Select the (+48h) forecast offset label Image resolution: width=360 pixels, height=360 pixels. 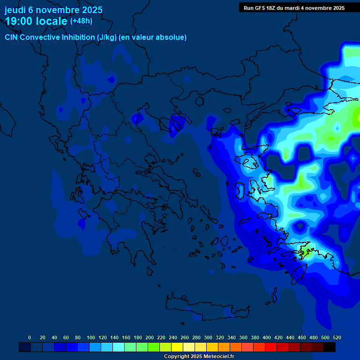point(81,21)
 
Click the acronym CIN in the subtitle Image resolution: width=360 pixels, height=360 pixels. point(11,37)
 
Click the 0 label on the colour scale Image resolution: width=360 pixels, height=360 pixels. point(30,338)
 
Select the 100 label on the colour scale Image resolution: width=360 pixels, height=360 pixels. point(91,338)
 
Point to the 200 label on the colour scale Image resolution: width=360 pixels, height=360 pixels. point(150,338)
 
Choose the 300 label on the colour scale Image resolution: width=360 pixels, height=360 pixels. point(208,338)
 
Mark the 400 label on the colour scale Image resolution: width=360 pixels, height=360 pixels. point(267,338)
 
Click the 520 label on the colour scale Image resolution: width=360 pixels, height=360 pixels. point(337,338)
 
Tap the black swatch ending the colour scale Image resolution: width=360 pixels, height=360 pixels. point(330,347)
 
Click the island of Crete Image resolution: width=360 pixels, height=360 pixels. point(206,309)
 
